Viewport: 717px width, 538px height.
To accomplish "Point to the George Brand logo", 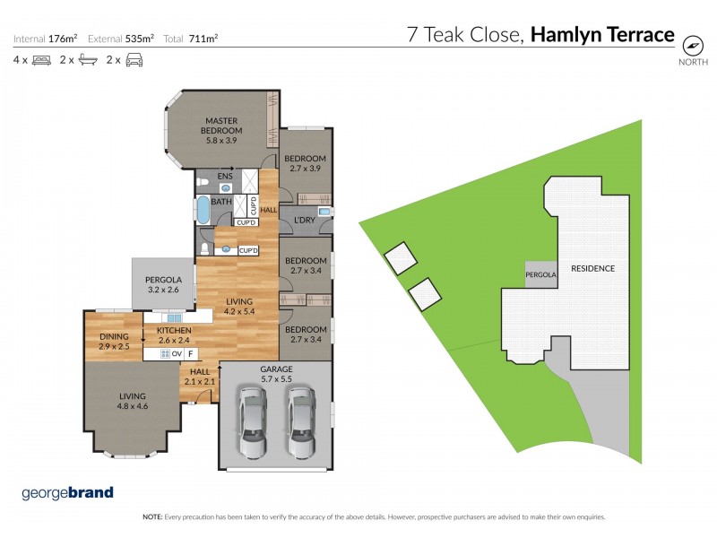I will point(67,492).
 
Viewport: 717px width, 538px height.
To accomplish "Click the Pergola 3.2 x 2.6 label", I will point(163,284).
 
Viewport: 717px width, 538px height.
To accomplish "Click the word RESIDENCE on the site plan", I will point(593,268).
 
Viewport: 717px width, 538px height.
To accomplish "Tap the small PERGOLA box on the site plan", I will point(541,274).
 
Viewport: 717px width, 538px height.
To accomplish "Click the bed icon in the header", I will point(40,60).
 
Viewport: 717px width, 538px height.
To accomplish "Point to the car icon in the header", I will point(134,60).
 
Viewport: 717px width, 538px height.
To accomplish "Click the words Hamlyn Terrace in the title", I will point(602,35).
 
